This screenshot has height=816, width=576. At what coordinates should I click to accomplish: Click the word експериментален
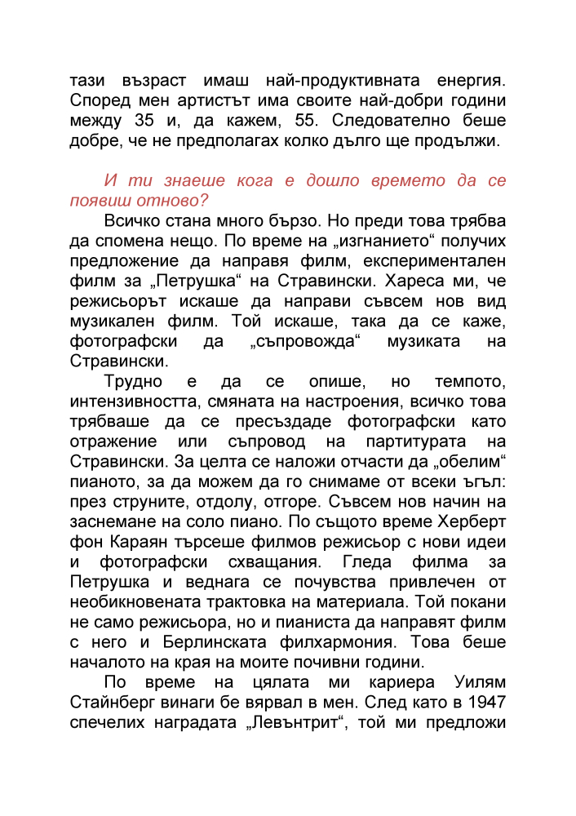coord(435,261)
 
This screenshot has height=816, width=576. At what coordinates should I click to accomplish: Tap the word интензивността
coord(135,401)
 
